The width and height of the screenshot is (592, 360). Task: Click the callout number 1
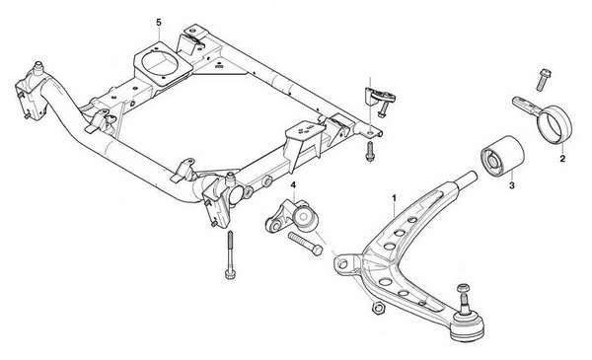(394, 197)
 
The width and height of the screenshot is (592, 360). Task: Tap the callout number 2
(562, 159)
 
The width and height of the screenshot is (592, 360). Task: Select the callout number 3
(511, 185)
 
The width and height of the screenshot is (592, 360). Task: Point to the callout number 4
(293, 184)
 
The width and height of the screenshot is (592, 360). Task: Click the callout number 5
(159, 23)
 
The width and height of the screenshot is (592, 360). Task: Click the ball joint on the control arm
(468, 324)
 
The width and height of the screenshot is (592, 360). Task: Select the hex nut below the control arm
(377, 308)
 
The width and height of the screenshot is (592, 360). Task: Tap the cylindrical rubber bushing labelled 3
(502, 156)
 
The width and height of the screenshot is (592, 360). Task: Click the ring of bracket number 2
(555, 124)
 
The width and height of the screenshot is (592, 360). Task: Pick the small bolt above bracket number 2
(544, 80)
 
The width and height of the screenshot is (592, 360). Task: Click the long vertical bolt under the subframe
(230, 254)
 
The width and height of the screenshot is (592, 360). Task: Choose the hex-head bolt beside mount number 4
(305, 245)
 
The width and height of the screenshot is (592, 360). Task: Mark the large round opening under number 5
(159, 63)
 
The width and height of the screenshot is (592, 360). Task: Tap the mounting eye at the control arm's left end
(343, 263)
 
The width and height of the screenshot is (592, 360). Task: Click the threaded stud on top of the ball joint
(464, 297)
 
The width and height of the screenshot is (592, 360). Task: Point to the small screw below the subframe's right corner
(370, 152)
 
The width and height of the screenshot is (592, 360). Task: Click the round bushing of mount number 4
(306, 219)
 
